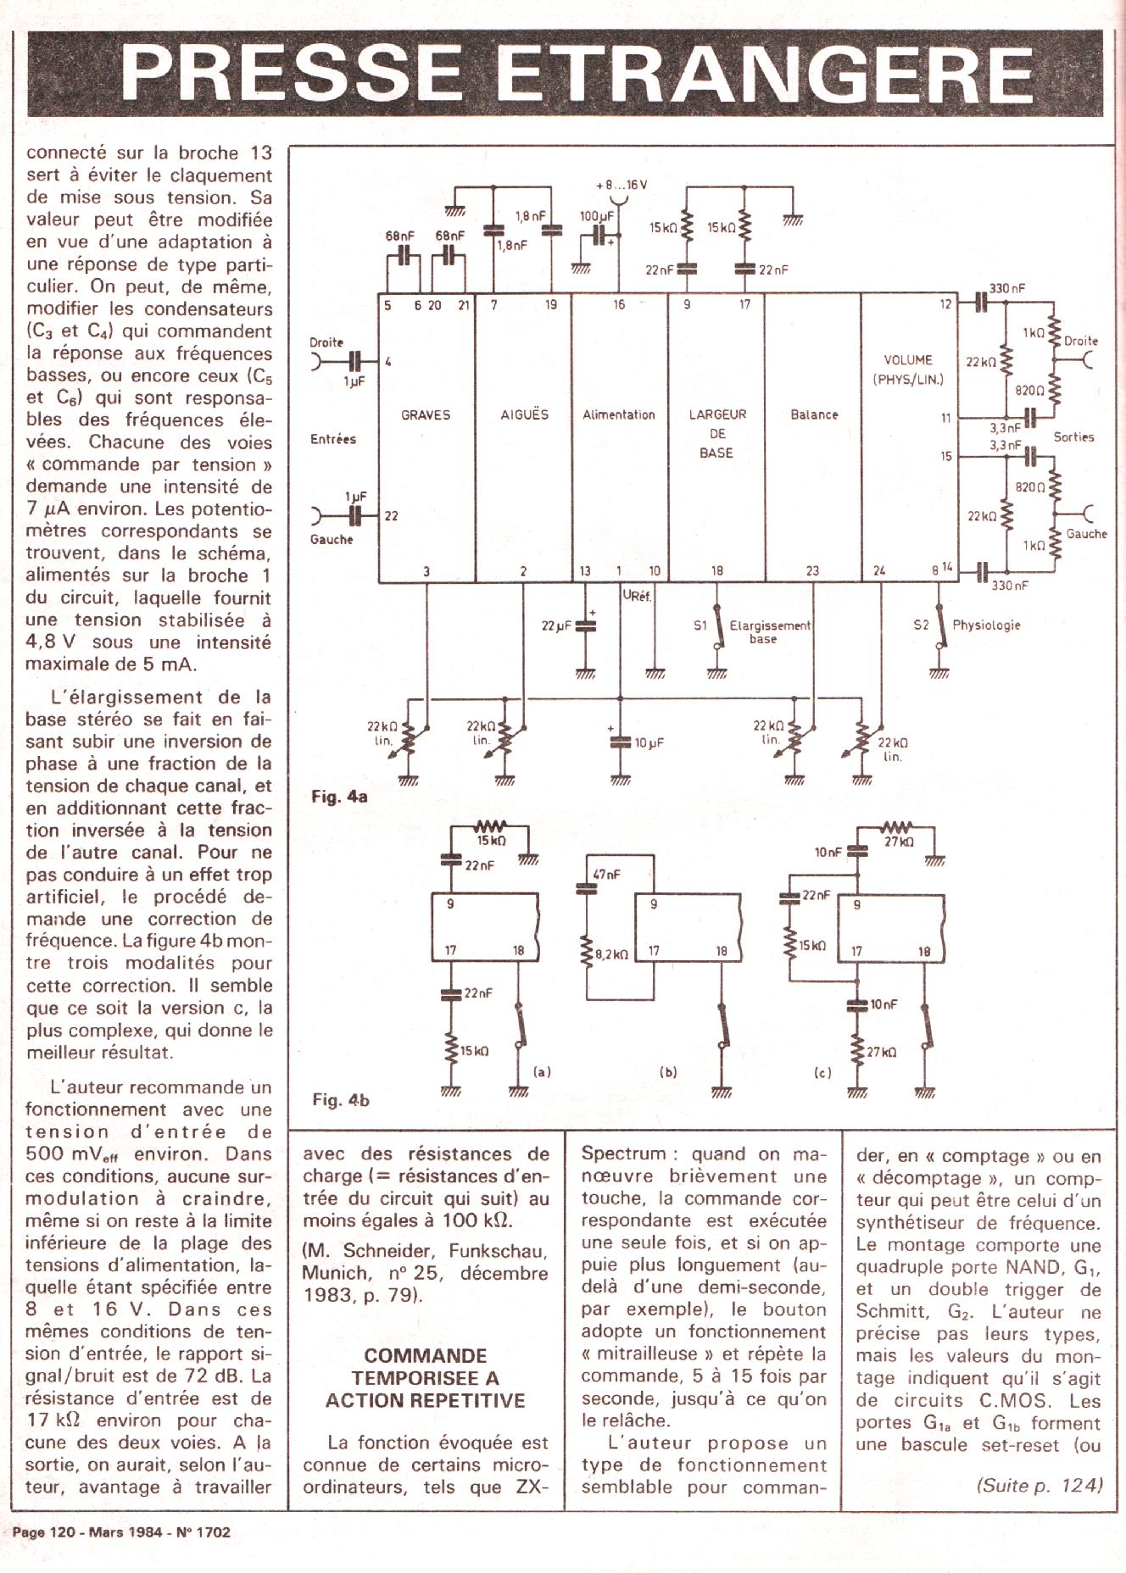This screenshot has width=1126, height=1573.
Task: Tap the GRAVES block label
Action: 426,414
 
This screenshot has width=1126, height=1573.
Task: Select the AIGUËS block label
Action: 524,414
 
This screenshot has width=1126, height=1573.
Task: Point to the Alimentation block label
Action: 619,414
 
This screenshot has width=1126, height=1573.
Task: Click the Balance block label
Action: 814,414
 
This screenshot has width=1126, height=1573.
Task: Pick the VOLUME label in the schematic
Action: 907,359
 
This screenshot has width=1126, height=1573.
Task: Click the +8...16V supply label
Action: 622,185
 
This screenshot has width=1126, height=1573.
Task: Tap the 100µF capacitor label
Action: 596,216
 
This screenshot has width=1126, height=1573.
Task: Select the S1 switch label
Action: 700,625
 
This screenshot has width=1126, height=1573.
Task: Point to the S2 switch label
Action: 921,625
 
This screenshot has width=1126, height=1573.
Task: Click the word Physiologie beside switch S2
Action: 986,625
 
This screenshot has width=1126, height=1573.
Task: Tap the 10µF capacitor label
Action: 649,742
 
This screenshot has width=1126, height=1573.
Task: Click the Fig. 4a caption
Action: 339,797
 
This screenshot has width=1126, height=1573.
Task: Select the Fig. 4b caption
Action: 341,1099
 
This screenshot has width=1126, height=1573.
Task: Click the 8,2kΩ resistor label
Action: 611,954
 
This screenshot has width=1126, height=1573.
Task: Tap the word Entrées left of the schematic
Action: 333,439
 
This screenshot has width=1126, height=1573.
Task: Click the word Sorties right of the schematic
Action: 1073,436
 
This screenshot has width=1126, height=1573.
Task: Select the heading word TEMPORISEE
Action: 426,1378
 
